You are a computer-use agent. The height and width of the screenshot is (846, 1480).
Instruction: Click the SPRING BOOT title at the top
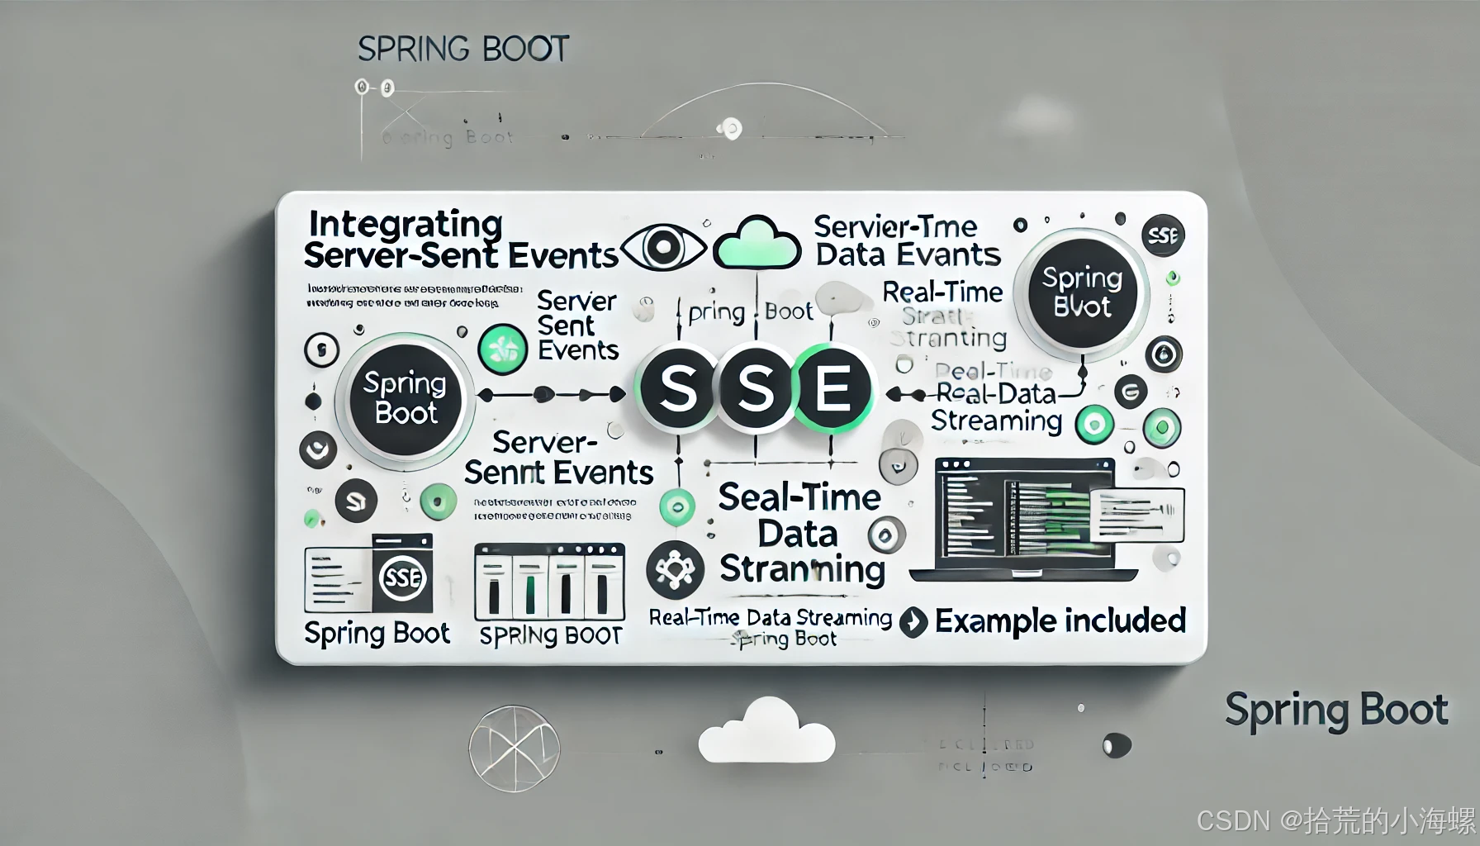[x=463, y=49]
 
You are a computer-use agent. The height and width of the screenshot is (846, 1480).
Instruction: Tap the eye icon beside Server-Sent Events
[x=662, y=246]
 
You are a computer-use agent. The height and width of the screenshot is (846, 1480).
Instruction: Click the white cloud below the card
[x=766, y=731]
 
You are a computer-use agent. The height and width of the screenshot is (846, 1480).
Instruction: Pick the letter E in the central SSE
[x=832, y=389]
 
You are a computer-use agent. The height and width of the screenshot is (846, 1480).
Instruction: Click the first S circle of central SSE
[x=678, y=389]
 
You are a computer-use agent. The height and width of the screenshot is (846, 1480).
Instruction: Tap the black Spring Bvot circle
[x=1082, y=293]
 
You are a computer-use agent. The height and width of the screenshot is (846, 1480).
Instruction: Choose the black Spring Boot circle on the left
[x=405, y=398]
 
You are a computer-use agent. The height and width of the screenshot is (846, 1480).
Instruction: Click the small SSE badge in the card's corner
[x=1163, y=236]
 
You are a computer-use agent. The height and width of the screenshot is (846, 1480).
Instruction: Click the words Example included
[x=1060, y=620]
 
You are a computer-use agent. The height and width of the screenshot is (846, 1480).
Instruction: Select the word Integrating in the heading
[x=406, y=224]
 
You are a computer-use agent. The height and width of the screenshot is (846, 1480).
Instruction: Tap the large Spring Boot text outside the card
[x=1335, y=711]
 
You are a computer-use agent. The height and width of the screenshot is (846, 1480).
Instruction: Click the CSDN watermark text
[x=1335, y=820]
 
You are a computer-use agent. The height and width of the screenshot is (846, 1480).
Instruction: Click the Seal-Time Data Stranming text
[x=800, y=533]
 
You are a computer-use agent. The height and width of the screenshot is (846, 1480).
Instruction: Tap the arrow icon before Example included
[x=913, y=622]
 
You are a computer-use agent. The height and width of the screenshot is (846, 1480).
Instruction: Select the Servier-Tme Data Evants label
[x=907, y=240]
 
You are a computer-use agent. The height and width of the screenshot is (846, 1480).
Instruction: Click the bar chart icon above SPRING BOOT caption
[x=549, y=582]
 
